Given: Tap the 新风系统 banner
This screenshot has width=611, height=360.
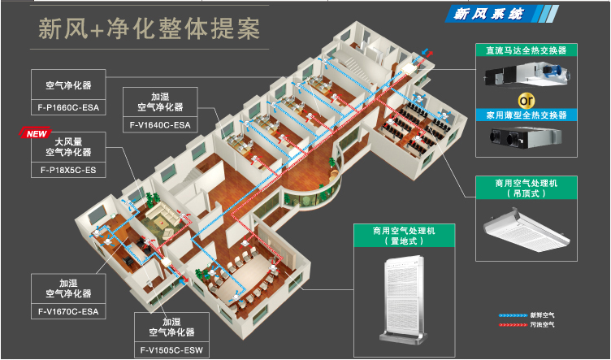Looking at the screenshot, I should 484,14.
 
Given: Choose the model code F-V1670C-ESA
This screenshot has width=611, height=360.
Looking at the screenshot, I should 68,310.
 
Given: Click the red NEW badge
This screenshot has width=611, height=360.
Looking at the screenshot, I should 34,133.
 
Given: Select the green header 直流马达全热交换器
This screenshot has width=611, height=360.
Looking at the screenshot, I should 526,50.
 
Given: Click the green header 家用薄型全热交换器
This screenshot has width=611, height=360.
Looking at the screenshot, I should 526,115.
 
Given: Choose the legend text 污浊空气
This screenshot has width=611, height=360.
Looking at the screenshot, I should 544,324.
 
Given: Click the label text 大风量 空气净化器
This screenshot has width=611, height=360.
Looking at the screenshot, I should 68,146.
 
